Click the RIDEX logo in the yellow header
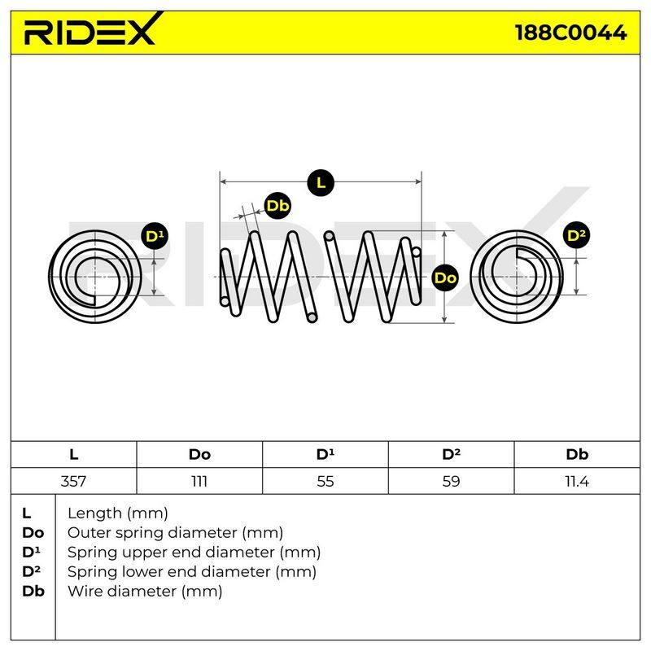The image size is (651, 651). click(x=90, y=30)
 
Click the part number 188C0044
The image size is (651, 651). click(x=570, y=33)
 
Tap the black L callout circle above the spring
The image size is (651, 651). click(x=321, y=182)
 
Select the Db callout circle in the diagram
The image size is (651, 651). click(x=277, y=206)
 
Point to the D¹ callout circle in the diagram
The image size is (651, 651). click(x=155, y=236)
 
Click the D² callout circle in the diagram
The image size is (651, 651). click(x=577, y=235)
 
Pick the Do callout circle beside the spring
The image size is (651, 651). click(x=445, y=277)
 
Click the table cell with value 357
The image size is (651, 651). click(x=73, y=481)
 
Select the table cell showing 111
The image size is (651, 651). click(x=199, y=481)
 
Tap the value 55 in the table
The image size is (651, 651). click(x=325, y=481)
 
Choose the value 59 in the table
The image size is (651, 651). click(x=451, y=481)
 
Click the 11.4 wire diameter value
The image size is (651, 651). click(x=577, y=481)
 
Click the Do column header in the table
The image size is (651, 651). click(x=199, y=454)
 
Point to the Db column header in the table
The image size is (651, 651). click(x=577, y=454)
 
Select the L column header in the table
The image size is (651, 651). click(x=73, y=454)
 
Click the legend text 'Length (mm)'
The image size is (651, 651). click(x=118, y=513)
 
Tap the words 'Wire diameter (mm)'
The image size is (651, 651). click(x=145, y=592)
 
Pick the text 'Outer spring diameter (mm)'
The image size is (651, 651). click(x=175, y=533)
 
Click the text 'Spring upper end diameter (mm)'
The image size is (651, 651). click(x=194, y=553)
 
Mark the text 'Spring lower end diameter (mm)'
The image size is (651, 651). click(x=192, y=572)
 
